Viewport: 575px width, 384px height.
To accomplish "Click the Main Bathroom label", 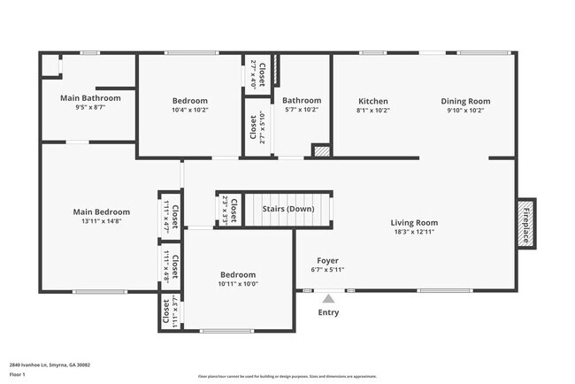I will [x=89, y=97].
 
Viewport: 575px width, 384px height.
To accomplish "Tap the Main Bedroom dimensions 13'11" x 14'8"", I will [x=101, y=222].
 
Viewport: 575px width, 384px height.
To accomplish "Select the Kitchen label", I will [x=372, y=101].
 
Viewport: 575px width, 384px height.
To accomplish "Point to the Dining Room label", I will [x=465, y=101].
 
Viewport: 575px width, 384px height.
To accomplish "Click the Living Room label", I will [x=414, y=222].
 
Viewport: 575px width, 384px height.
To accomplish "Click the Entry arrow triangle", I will [x=328, y=299].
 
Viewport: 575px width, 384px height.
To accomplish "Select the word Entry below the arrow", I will [x=328, y=312].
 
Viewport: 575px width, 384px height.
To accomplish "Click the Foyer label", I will [x=327, y=261].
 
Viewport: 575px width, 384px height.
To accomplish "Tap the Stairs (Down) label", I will [x=288, y=209].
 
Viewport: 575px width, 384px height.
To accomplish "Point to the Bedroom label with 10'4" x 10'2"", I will [x=190, y=101].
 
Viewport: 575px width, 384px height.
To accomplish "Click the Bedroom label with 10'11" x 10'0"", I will [x=238, y=274].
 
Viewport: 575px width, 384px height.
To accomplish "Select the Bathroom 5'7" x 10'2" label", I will [x=302, y=101].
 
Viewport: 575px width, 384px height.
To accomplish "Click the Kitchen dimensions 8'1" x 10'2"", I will [x=372, y=111].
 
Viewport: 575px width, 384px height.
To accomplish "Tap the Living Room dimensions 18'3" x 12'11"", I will [x=414, y=232].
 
